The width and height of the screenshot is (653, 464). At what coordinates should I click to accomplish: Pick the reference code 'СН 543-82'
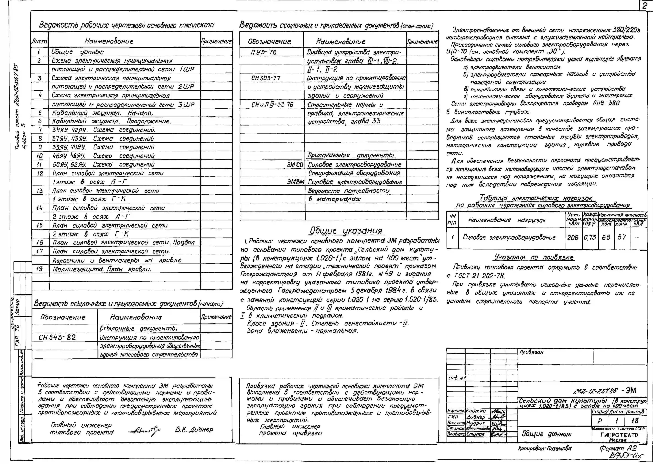(57, 337)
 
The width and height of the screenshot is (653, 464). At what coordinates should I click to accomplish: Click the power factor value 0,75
(590, 237)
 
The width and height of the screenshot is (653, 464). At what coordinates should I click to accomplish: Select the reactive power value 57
(622, 237)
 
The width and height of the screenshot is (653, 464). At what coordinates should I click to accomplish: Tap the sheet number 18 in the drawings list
(39, 269)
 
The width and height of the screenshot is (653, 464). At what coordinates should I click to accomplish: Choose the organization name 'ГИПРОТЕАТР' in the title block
(619, 435)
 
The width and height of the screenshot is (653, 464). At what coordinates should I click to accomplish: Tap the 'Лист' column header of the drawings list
(39, 41)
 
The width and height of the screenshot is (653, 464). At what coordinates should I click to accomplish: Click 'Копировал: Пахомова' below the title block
(544, 449)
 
